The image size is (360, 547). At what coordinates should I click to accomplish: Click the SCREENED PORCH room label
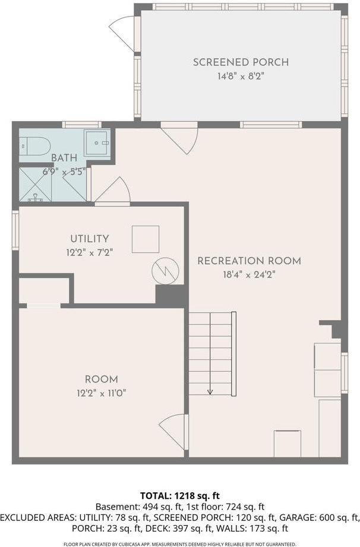[241, 62]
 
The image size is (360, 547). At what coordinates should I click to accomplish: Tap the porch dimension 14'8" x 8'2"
[241, 76]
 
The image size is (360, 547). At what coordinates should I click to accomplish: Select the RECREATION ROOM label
[249, 261]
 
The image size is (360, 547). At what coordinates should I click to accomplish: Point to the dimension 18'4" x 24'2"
[249, 274]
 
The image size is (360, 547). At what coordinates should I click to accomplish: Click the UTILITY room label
[90, 239]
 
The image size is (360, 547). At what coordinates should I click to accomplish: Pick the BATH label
[64, 158]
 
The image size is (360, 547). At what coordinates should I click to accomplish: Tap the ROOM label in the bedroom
[101, 380]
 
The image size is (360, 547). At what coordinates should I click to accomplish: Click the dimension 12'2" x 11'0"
[101, 393]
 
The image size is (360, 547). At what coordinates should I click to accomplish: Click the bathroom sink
[97, 143]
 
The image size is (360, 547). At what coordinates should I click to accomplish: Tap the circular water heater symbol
[165, 271]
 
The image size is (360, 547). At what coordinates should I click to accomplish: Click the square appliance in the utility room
[146, 239]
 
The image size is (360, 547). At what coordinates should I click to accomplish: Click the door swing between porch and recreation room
[179, 138]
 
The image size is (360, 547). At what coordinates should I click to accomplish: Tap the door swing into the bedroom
[173, 431]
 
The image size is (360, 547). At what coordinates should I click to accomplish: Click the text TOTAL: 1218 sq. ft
[179, 495]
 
